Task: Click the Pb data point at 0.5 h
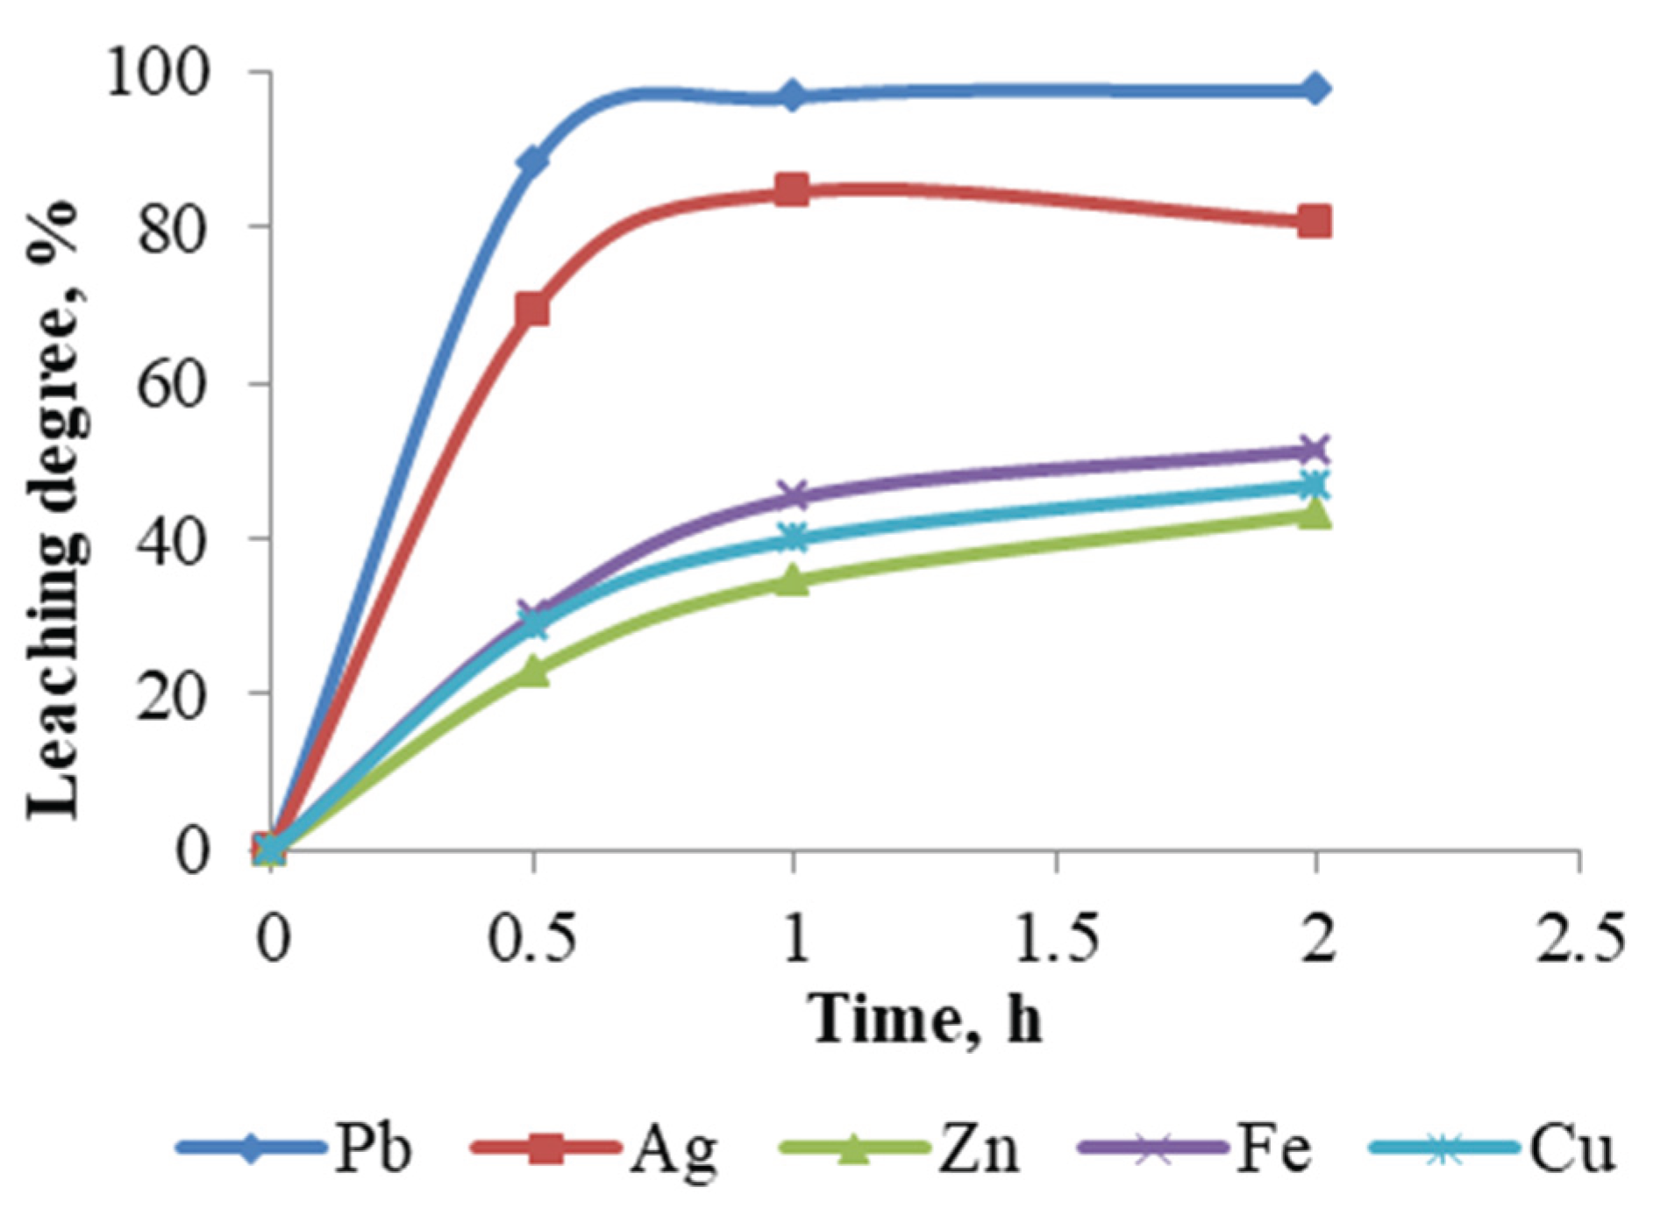pos(532,160)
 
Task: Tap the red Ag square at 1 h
pos(793,189)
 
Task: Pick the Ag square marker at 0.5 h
pos(532,309)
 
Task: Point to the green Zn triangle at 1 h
pos(793,580)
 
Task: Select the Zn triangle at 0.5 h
pos(532,673)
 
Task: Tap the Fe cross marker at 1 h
pos(793,495)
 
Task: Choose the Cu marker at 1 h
pos(793,537)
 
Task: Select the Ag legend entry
pos(595,1148)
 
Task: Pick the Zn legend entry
pos(899,1148)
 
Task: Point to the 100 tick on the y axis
pos(158,73)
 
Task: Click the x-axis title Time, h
pos(925,1020)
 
